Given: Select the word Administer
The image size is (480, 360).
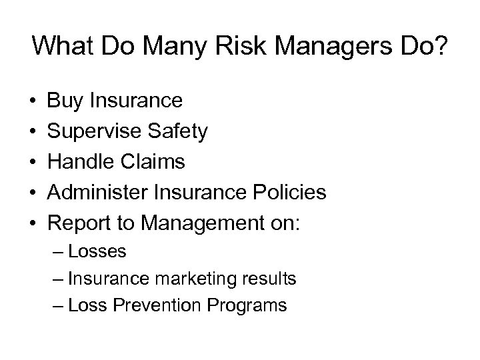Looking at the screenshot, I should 101,193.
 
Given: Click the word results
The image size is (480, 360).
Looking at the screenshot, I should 270,279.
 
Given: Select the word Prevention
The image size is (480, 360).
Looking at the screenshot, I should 147,305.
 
